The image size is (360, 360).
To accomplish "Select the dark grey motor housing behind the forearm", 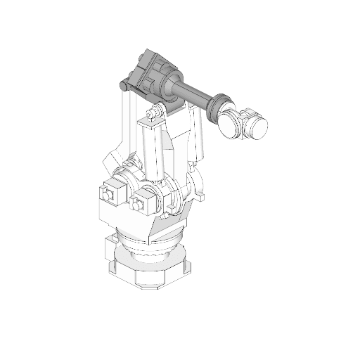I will point(150,73).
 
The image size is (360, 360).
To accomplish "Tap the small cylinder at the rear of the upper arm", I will point(124,86).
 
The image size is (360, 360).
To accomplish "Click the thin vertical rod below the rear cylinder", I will point(127,123).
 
